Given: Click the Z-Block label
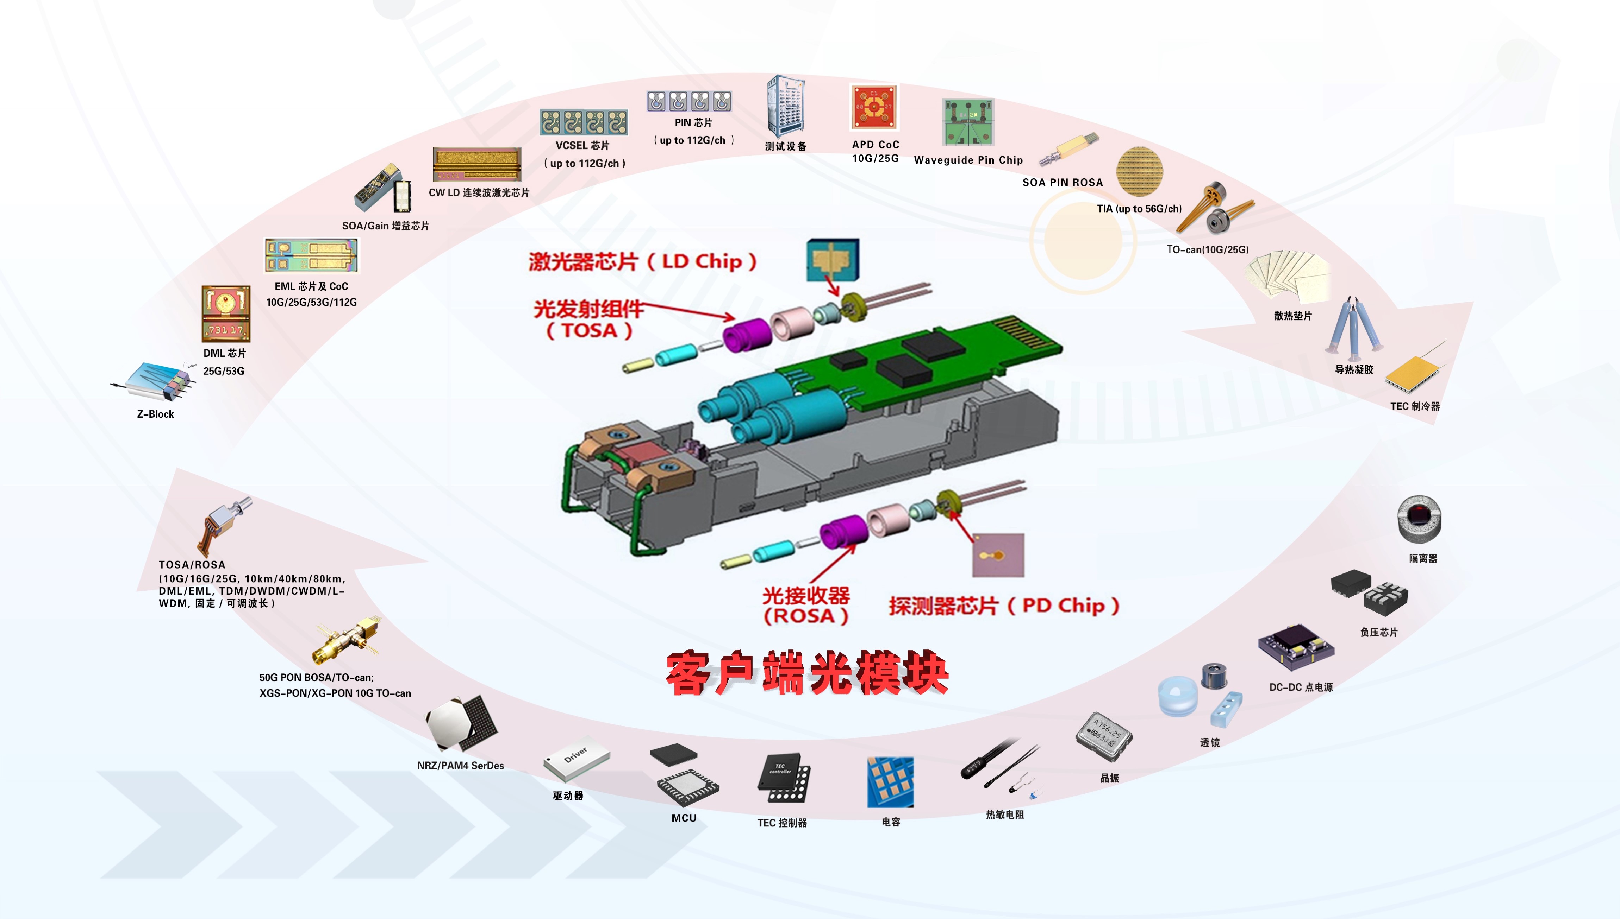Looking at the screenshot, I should [x=155, y=414].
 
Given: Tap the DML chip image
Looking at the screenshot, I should [x=225, y=313].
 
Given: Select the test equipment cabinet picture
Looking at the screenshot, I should [x=785, y=106].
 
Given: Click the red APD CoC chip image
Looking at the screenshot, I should [x=874, y=107].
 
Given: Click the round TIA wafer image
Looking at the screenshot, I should [x=1139, y=171].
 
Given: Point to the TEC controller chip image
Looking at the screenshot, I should [x=783, y=778].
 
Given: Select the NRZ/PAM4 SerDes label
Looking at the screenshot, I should [x=460, y=766].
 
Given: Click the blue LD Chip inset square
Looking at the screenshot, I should [x=833, y=259].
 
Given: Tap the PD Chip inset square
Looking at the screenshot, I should [x=998, y=556].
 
